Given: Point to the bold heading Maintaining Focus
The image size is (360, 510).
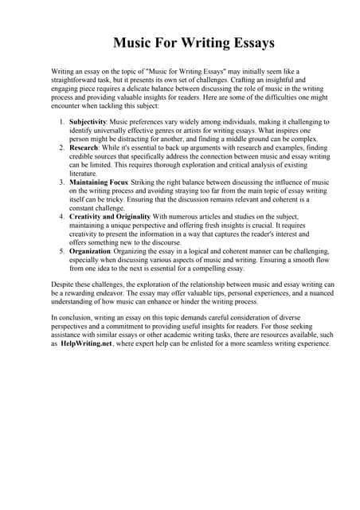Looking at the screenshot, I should (x=103, y=182).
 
